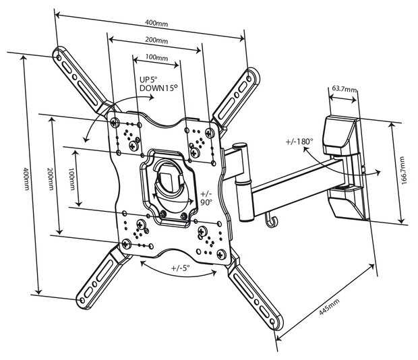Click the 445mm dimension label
coord(329,307)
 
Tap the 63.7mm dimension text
coord(344,89)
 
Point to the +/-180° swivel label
coord(299,141)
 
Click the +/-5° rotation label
coord(180,268)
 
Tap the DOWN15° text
coord(158,88)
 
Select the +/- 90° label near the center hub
coord(206,198)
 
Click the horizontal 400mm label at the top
coord(156,24)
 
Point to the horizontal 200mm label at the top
coord(156,40)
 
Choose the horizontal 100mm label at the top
coord(156,57)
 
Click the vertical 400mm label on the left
coord(26,179)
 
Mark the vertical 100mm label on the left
coord(72,179)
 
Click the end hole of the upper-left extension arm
coord(59,57)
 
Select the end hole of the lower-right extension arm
coord(272,322)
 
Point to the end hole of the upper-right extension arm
coord(249,78)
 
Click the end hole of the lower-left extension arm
coord(82,300)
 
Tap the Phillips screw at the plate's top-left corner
coord(115,123)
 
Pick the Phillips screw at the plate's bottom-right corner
coord(221,254)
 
